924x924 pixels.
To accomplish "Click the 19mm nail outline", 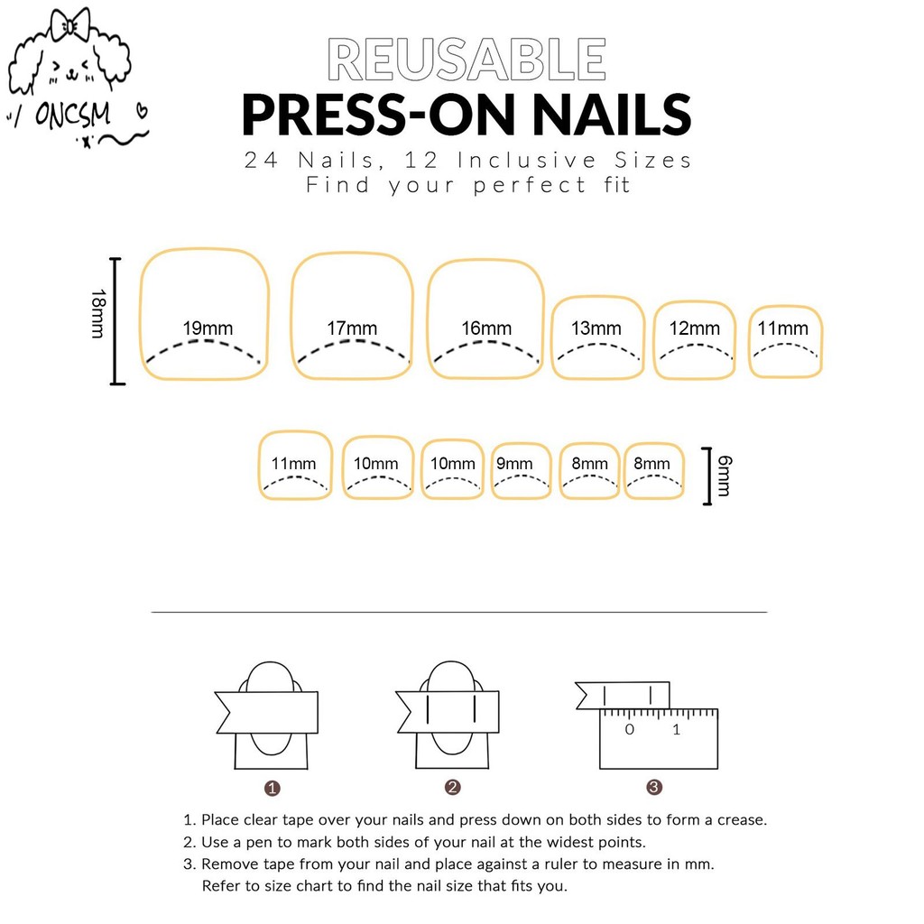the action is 141,313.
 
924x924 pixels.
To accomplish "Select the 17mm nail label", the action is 352,328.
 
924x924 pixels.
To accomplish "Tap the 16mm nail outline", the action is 429,319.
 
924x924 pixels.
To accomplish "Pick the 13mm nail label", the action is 596,328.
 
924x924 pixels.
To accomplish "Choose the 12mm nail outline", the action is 655,340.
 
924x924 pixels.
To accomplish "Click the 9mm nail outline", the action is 492,471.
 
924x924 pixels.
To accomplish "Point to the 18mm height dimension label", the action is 97,313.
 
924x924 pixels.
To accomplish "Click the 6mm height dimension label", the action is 725,476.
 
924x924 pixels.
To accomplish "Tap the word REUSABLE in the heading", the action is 467,60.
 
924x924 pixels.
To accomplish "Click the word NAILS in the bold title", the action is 612,115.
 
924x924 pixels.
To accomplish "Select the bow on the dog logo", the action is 70,25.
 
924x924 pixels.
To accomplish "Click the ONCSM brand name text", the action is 72,114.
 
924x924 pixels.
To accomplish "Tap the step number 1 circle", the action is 272,788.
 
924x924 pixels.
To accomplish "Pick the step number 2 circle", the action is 453,787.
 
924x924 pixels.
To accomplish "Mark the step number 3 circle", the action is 654,787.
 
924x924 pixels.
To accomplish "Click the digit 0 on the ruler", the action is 629,729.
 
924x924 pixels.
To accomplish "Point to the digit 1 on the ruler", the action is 676,729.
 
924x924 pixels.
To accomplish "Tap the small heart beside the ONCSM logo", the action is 142,111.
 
